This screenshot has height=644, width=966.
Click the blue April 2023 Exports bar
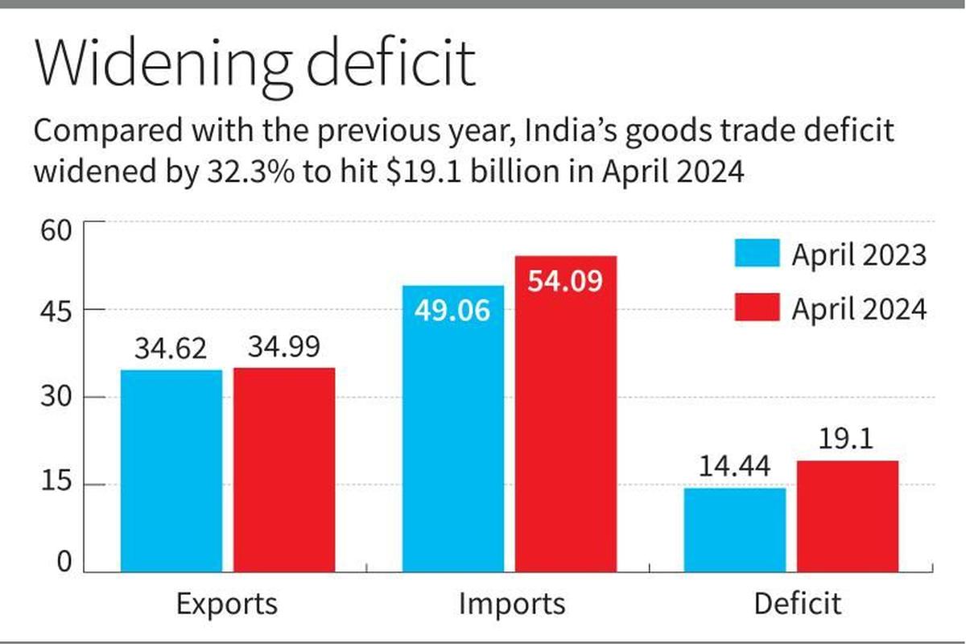171,471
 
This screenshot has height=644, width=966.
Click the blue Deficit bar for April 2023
735,530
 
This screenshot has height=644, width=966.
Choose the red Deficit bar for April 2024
848,516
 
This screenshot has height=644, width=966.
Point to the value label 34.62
171,349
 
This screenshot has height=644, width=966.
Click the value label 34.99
284,347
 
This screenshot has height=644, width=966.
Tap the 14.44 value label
735,467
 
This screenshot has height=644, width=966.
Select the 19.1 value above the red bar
848,440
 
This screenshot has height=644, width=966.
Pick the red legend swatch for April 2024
757,308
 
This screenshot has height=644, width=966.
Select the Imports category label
512,604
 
